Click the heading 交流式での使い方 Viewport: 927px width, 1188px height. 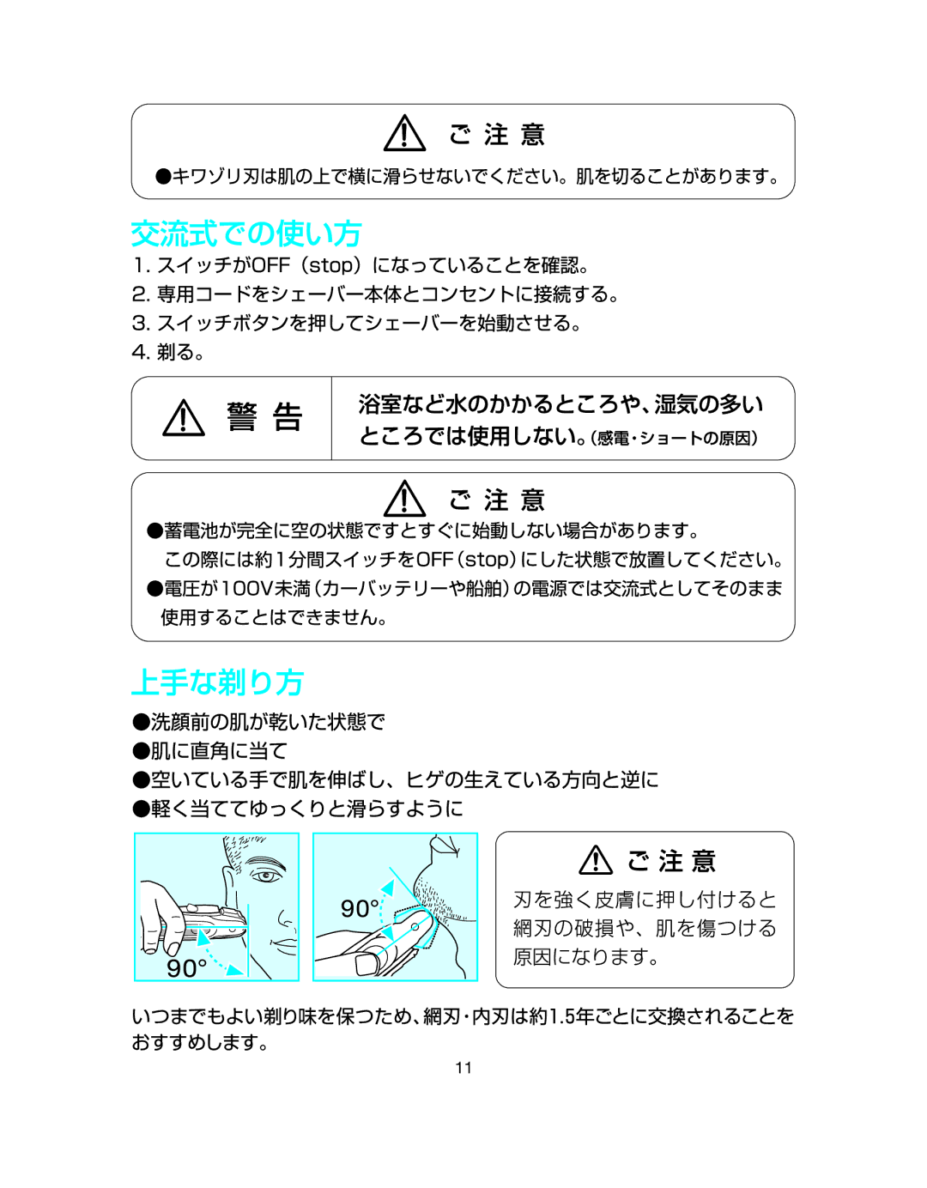pos(246,234)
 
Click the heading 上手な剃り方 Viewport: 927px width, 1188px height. pos(217,682)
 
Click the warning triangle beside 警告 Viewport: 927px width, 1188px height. pos(184,418)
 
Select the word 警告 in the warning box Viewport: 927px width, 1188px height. pos(264,418)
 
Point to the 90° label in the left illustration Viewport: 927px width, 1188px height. pos(187,967)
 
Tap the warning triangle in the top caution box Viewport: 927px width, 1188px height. pos(404,132)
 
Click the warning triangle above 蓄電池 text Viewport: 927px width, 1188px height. pos(404,498)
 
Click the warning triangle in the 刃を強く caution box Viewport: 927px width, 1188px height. pos(596,860)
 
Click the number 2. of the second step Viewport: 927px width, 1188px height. pos(142,294)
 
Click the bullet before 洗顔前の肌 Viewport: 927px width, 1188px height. pos(141,722)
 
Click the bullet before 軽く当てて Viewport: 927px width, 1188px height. pos(141,809)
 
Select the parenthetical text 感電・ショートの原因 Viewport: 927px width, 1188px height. pos(676,438)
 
